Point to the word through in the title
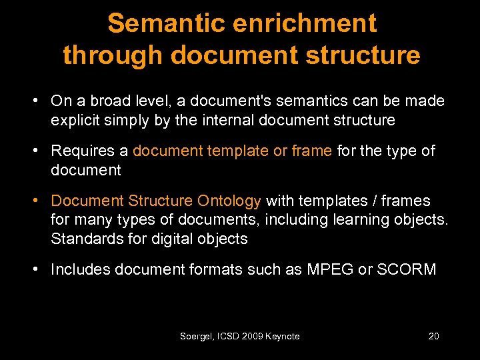112,55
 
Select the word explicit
76,120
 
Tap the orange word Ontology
229,201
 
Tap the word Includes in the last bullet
80,269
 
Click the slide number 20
433,336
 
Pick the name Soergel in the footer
195,336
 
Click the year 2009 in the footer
251,336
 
